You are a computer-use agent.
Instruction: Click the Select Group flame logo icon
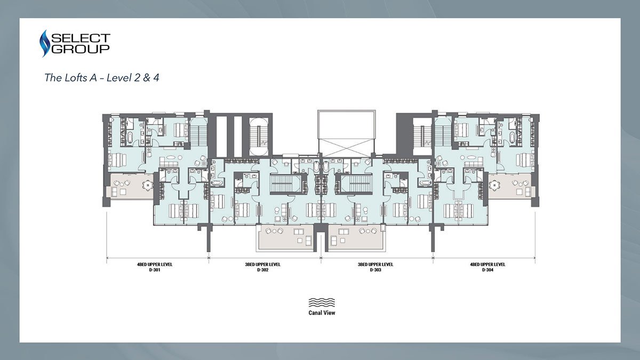pos(45,43)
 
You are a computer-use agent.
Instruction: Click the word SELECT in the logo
pos(81,38)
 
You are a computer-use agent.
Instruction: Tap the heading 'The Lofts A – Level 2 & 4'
pos(102,78)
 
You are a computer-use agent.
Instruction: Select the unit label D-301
pos(155,270)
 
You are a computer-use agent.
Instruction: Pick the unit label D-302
pos(262,270)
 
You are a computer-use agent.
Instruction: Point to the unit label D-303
pos(375,270)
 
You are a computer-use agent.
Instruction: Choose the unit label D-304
pos(487,270)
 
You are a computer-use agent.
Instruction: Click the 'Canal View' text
pos(322,313)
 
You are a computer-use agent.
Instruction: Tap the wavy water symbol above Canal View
pos(322,302)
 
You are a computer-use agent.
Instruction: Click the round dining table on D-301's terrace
pos(148,186)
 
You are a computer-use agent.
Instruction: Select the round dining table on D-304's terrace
pos(494,186)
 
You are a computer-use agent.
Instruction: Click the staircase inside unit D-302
pos(285,183)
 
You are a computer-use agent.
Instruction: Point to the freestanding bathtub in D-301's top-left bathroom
pos(130,138)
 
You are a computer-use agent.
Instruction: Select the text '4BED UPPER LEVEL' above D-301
pos(155,265)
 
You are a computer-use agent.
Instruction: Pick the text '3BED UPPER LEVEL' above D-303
pos(375,265)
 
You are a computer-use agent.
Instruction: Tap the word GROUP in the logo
pos(81,49)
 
